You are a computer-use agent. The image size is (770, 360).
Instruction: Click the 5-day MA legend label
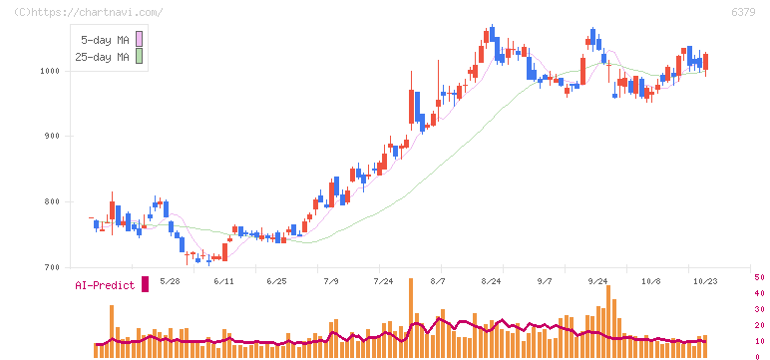coord(105,40)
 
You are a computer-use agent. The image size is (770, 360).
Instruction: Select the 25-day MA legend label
coord(102,57)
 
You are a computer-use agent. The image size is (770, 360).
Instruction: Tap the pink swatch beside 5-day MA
coord(139,39)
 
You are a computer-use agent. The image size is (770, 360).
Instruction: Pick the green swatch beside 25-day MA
coord(139,56)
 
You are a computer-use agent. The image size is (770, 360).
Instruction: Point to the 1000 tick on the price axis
coord(49,71)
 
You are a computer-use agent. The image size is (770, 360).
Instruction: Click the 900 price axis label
coord(52,137)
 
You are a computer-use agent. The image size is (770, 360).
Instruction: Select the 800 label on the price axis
coord(52,201)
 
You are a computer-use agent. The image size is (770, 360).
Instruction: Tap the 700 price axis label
coord(52,267)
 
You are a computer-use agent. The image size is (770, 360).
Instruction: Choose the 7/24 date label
coord(384,281)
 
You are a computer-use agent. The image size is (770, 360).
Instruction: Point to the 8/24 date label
coord(492,281)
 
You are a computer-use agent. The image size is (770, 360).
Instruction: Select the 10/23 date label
coord(705,281)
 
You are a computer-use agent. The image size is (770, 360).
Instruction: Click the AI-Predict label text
coord(105,285)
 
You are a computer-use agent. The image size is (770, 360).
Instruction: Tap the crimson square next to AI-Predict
coord(145,284)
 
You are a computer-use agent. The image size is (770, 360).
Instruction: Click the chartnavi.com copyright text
coord(89,12)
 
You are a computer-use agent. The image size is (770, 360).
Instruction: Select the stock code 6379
coord(743,12)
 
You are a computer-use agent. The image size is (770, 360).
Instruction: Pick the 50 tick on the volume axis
coord(759,277)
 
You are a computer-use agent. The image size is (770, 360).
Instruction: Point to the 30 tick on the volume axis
coord(759,309)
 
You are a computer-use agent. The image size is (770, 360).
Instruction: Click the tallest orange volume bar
coord(411,318)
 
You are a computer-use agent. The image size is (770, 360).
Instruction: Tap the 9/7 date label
coord(545,281)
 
